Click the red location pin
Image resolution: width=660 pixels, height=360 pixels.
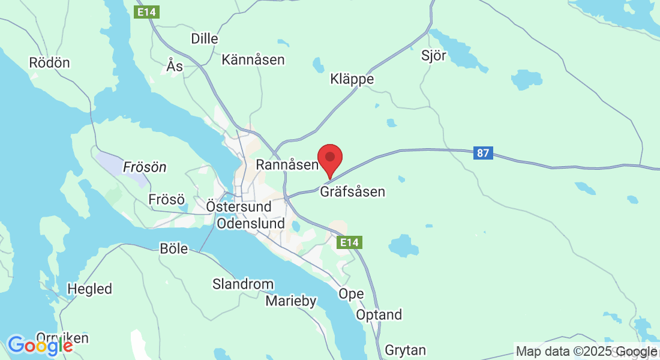point(329,158)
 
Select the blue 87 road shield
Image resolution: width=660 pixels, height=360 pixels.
point(483,153)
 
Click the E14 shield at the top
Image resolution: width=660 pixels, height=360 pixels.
point(146,11)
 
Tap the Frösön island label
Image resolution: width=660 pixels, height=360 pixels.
point(145,167)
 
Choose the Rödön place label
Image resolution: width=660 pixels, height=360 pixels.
point(49,62)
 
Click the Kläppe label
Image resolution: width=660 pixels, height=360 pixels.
point(352,79)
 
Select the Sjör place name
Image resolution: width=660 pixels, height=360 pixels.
point(434,56)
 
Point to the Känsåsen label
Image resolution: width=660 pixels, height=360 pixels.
point(253,59)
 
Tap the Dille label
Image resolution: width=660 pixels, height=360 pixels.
point(204,38)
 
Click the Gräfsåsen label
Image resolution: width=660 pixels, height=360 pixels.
point(352,192)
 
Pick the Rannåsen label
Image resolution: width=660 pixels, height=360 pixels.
point(286,164)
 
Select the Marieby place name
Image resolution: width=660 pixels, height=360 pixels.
point(291,301)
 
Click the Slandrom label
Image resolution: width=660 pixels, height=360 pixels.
point(243,284)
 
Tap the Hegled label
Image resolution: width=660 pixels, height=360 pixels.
point(89,289)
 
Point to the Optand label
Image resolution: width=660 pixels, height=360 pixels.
point(379,315)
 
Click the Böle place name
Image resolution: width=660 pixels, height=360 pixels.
point(174,248)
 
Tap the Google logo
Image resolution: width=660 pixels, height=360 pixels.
point(40,346)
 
